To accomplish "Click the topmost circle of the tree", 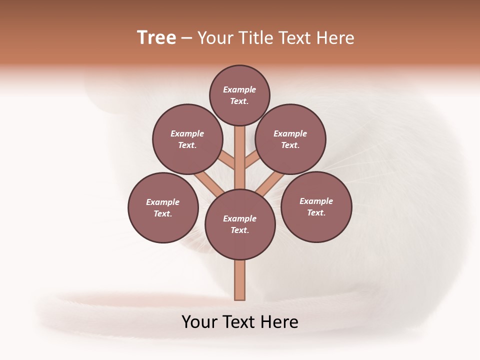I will (239, 95).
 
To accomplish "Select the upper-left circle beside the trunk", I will (187, 139).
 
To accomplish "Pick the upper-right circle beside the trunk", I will (290, 139).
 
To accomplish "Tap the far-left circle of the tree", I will (163, 207).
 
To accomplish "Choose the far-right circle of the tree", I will (316, 206).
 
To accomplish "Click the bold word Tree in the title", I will (156, 37).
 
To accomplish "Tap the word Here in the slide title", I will (334, 38).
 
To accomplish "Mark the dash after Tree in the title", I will (186, 38).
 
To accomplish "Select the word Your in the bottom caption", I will (199, 322).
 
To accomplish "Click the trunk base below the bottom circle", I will (240, 280).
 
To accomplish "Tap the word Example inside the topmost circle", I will (239, 89).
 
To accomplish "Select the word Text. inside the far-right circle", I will (316, 212).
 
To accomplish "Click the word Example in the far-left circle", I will (162, 202).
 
